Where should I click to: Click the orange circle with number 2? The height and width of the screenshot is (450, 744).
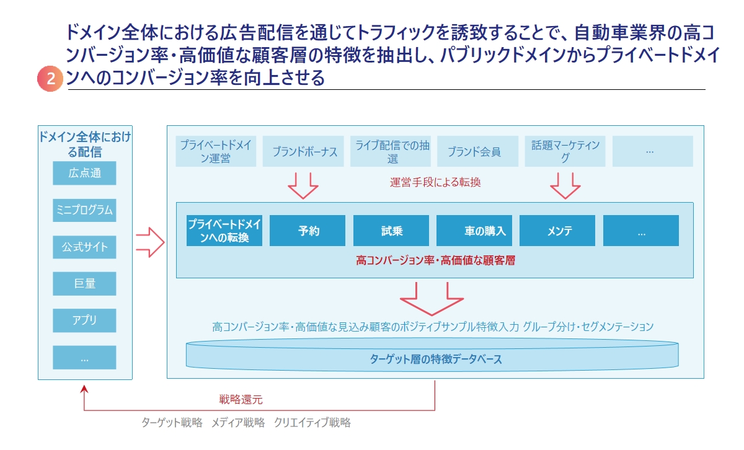pyautogui.click(x=50, y=79)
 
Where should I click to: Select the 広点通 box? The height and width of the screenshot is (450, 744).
pyautogui.click(x=84, y=173)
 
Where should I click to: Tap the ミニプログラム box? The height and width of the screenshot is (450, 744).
pyautogui.click(x=84, y=210)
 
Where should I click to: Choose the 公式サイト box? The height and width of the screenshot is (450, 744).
pyautogui.click(x=84, y=247)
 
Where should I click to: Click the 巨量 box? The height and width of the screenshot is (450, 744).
pyautogui.click(x=84, y=284)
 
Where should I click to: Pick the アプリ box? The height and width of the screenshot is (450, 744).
pyautogui.click(x=84, y=320)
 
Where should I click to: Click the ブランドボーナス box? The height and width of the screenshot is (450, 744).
pyautogui.click(x=303, y=151)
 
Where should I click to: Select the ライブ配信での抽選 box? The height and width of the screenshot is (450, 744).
pyautogui.click(x=391, y=151)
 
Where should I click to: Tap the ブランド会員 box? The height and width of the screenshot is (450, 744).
pyautogui.click(x=477, y=151)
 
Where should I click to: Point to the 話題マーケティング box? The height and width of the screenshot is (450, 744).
pyautogui.click(x=565, y=151)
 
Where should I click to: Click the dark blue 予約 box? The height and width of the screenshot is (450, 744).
pyautogui.click(x=308, y=231)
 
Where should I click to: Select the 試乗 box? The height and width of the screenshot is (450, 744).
pyautogui.click(x=391, y=231)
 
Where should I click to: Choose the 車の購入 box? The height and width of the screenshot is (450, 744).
pyautogui.click(x=474, y=231)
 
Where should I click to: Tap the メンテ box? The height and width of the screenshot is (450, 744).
pyautogui.click(x=557, y=231)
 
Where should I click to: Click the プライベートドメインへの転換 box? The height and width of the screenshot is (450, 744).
pyautogui.click(x=224, y=231)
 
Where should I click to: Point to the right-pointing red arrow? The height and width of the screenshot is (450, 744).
pyautogui.click(x=150, y=242)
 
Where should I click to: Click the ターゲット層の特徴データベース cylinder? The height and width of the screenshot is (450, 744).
pyautogui.click(x=432, y=355)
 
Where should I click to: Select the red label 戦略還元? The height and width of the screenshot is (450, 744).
pyautogui.click(x=241, y=399)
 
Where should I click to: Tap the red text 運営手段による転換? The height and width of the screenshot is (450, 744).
pyautogui.click(x=435, y=182)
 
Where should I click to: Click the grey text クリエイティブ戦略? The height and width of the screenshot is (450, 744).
pyautogui.click(x=312, y=423)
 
